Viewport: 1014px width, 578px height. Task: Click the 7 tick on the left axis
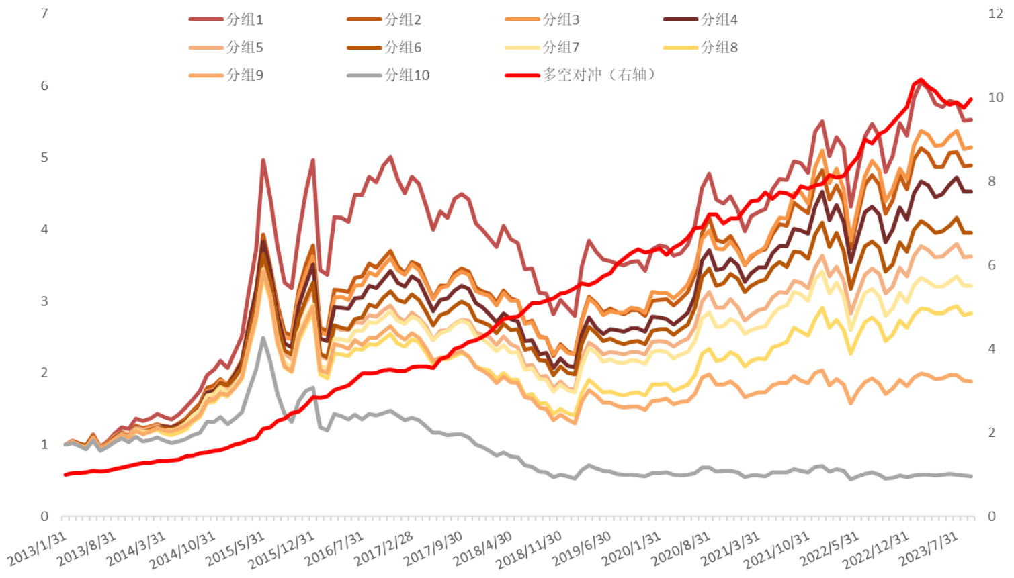[44, 13]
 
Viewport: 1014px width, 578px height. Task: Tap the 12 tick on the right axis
[995, 13]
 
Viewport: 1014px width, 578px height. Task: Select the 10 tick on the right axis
[995, 97]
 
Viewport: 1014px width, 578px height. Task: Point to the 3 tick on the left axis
[44, 301]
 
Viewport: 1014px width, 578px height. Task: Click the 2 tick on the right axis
[992, 432]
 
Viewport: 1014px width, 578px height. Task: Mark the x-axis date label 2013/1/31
[38, 549]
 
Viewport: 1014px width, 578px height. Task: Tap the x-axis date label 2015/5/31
[235, 549]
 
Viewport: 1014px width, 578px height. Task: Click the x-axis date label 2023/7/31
[929, 549]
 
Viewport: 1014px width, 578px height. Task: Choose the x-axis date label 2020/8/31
[681, 549]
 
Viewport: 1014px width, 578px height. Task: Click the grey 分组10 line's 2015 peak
[263, 338]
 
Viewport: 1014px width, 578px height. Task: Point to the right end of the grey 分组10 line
[971, 476]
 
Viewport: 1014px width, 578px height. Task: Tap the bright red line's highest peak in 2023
[921, 80]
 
